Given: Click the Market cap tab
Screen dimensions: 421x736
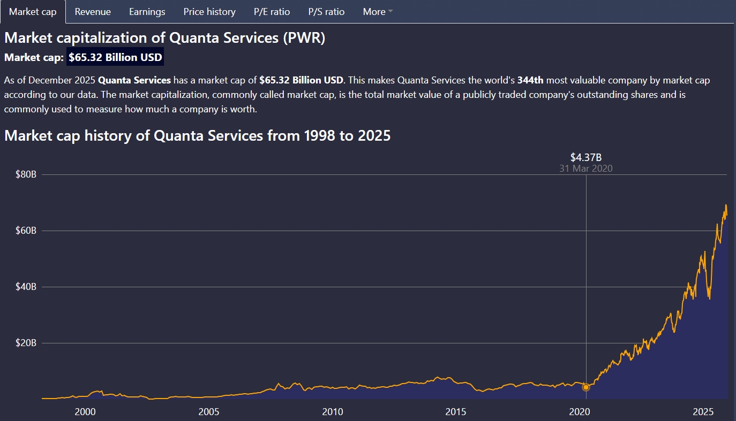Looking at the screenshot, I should [x=33, y=12].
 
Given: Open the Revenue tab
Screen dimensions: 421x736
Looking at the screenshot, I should [x=93, y=12].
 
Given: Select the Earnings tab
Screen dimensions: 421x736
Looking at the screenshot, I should [x=147, y=12].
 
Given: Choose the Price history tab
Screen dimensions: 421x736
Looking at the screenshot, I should [x=209, y=12].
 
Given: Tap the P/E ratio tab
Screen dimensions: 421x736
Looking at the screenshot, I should [x=272, y=12].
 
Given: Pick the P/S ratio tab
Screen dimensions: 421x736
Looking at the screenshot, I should [x=326, y=12].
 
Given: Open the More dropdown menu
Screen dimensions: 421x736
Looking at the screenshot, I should [x=378, y=12].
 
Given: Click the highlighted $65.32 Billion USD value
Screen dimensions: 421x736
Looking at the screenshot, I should [x=115, y=57].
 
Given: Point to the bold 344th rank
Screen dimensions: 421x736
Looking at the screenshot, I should [x=530, y=81].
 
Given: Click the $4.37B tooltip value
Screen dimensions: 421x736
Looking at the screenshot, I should [x=586, y=157].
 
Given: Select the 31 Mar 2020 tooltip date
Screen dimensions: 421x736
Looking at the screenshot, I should [x=586, y=169].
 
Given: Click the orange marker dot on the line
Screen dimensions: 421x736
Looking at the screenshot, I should [x=586, y=387].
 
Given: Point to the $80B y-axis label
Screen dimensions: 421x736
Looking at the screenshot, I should [x=25, y=174].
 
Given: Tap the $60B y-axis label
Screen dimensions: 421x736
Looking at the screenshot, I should [x=25, y=231].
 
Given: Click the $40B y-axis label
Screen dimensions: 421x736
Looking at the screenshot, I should [x=25, y=287].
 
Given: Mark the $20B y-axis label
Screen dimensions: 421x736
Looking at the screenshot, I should [x=25, y=343].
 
